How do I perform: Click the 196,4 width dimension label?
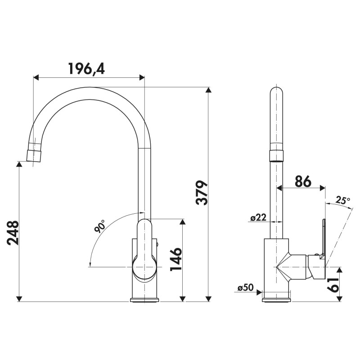coord(86,69)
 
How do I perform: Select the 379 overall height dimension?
coord(202,193)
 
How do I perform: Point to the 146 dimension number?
coord(176,260)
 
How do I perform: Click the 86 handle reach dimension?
coord(303,181)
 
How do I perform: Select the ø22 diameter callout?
coord(258,217)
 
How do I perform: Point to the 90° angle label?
coord(99,225)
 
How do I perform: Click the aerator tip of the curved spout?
coord(35,156)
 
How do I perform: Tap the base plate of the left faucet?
coord(144,300)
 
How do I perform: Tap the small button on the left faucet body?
coord(157,244)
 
